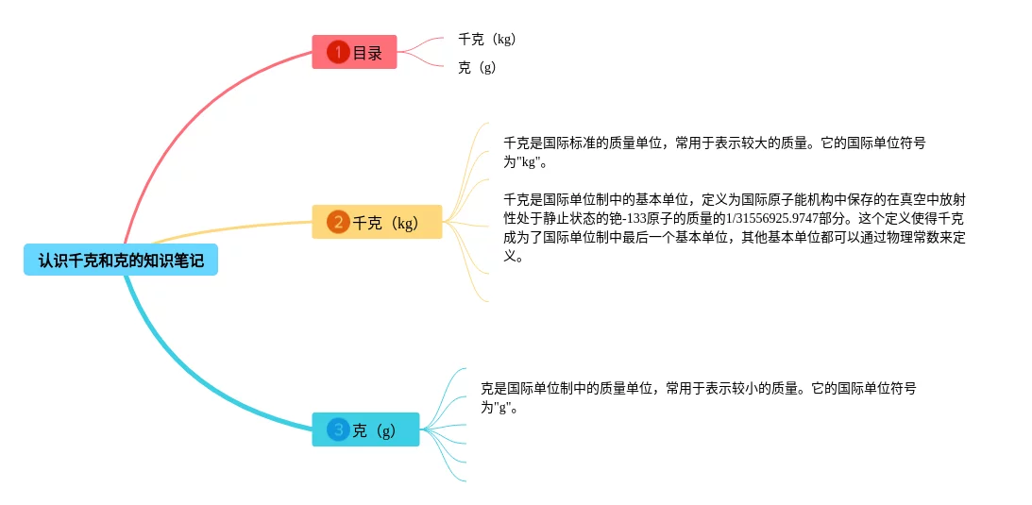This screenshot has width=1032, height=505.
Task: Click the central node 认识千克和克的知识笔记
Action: (x=121, y=260)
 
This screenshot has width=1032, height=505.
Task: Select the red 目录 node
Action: (x=355, y=52)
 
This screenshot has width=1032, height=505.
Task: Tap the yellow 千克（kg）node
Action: (x=377, y=223)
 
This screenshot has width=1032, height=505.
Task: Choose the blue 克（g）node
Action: (x=366, y=430)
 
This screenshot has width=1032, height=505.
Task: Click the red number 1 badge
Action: (x=338, y=52)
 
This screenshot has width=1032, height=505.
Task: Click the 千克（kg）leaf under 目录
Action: (x=486, y=40)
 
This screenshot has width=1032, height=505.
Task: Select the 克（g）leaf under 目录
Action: (x=477, y=68)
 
